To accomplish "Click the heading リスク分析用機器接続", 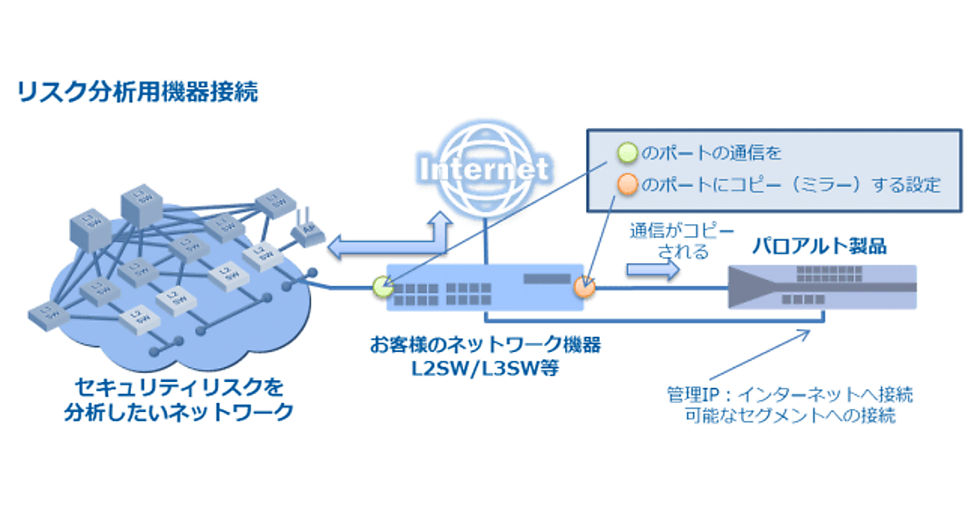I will coord(138,92).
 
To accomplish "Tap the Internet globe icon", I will coord(484,169).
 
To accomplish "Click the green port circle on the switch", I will coord(381,286).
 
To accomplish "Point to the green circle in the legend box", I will coord(626,151).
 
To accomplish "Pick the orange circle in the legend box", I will coord(626,185).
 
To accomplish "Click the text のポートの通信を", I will coord(712,151).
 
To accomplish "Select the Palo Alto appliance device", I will coord(822,286).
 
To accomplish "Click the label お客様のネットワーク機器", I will coord(484,345).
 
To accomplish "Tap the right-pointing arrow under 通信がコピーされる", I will coord(651,272).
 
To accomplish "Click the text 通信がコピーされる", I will coord(668,240).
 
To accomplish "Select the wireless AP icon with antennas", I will coord(307,231).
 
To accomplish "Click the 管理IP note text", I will coord(787,405).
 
